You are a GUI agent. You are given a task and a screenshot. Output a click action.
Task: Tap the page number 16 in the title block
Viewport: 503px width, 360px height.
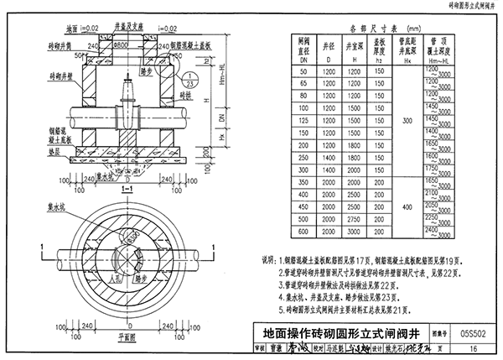coord(474,347)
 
